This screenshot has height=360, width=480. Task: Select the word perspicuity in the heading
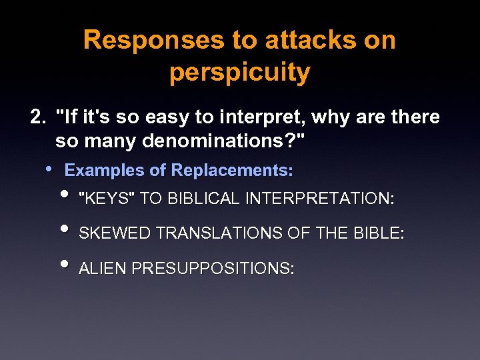tap(239, 73)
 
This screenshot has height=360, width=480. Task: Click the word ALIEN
tap(103, 269)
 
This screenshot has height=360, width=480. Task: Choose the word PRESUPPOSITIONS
tap(213, 269)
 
